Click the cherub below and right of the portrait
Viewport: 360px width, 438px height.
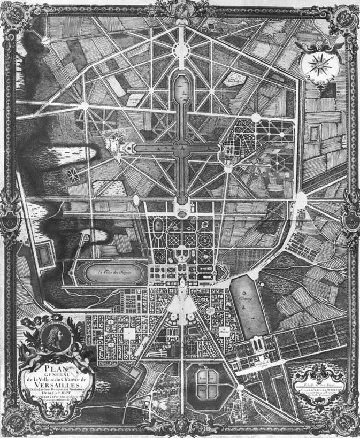point(74,356)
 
